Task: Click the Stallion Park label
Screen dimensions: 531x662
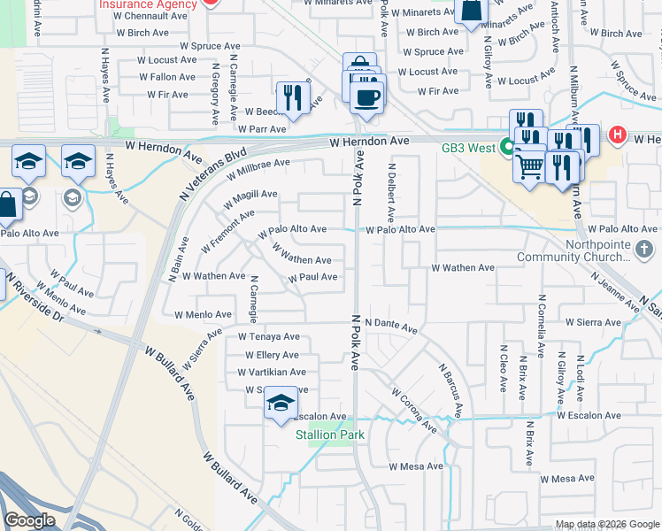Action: [x=330, y=435]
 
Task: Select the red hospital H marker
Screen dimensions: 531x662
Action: [x=618, y=136]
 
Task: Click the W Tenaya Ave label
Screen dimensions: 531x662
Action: [x=269, y=336]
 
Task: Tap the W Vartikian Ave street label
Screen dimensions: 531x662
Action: [x=266, y=373]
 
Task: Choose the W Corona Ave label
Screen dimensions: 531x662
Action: [x=413, y=409]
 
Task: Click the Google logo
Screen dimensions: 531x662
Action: [x=29, y=520]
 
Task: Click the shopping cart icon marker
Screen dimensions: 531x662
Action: [x=528, y=165]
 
